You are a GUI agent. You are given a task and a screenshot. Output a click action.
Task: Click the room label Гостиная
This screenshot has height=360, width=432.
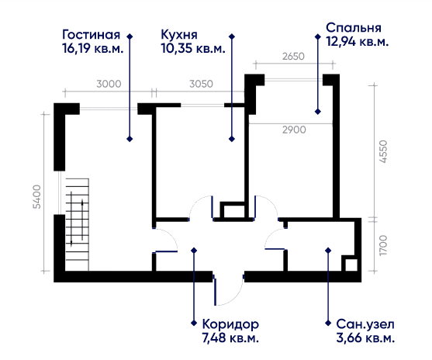tap(91, 35)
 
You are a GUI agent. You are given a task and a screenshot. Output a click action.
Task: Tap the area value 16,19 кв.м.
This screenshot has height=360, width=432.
tap(91, 48)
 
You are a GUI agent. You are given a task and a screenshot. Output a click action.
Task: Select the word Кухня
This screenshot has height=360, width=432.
tap(178, 35)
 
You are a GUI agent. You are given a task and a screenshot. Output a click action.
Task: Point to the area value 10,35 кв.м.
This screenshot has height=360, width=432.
tap(192, 48)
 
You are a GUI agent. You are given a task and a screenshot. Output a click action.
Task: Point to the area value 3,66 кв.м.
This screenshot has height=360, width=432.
tap(365, 337)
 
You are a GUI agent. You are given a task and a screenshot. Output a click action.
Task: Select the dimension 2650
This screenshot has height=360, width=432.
tap(292, 57)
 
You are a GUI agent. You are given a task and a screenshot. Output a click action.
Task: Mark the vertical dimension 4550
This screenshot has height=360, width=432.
tap(383, 148)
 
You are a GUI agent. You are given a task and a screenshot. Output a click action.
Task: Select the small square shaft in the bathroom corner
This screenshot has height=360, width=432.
tap(350, 264)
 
